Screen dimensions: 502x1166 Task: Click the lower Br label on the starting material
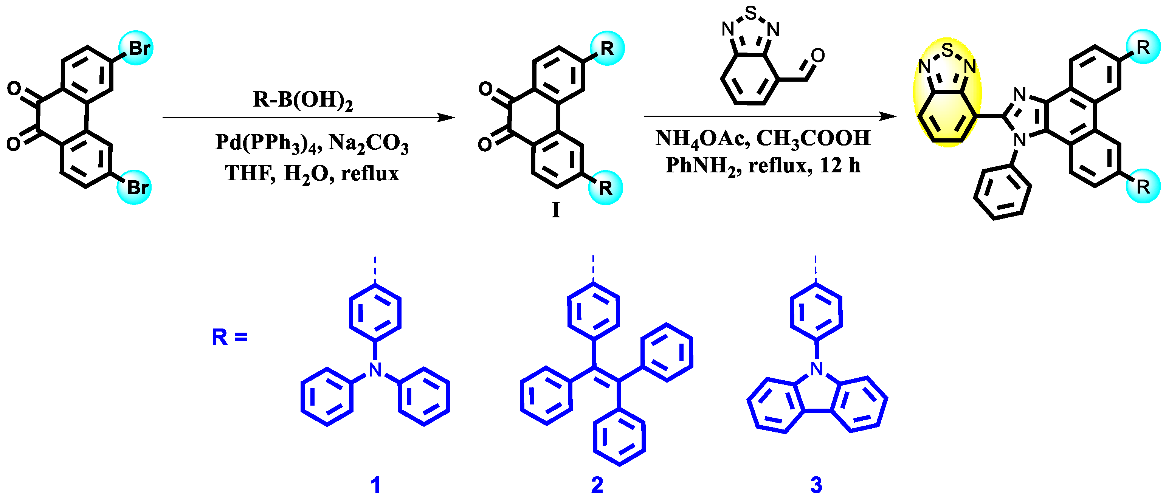tap(137, 187)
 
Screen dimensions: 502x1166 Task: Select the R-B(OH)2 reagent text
tap(302, 99)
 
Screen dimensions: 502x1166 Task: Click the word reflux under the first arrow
tap(370, 174)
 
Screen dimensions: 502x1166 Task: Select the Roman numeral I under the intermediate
tap(556, 211)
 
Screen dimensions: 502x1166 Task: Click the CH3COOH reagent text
tap(813, 138)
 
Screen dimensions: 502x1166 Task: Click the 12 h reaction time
tap(840, 166)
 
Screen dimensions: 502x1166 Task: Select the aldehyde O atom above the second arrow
tap(818, 56)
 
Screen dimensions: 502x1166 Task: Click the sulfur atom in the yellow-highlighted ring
tap(947, 50)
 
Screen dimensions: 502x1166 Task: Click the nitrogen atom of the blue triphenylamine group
tap(375, 370)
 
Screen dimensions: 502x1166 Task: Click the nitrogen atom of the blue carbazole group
tap(817, 369)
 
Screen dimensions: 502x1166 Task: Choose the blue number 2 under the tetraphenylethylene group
tap(597, 485)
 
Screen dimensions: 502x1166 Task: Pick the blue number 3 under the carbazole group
tap(816, 485)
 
